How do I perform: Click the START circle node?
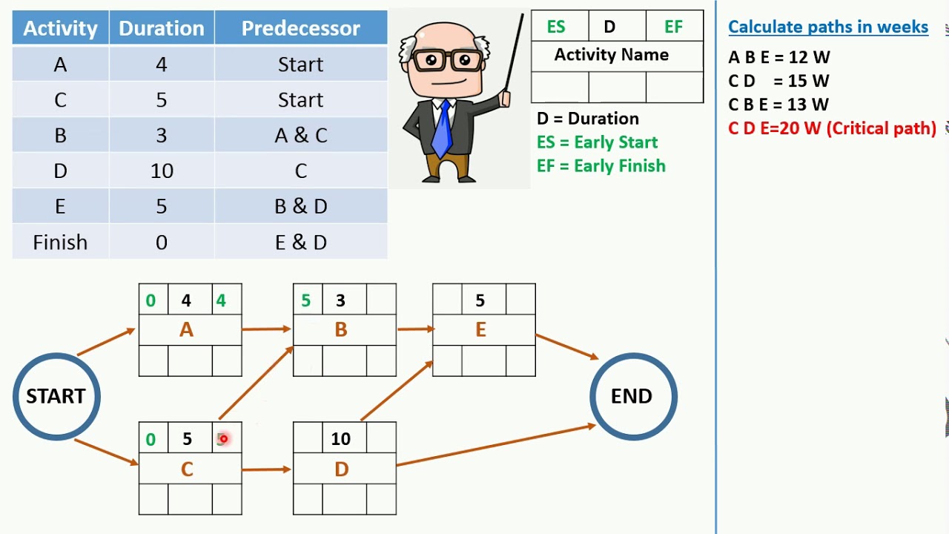pyautogui.click(x=56, y=396)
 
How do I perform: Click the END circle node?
pyautogui.click(x=632, y=396)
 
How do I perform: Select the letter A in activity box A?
pyautogui.click(x=186, y=330)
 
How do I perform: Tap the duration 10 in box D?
pyautogui.click(x=340, y=438)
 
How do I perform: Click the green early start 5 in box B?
pyautogui.click(x=305, y=300)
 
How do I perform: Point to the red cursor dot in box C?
pyautogui.click(x=223, y=439)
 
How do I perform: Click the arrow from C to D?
pyautogui.click(x=266, y=469)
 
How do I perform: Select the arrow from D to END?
pyautogui.click(x=495, y=445)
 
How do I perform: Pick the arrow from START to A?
pyautogui.click(x=107, y=342)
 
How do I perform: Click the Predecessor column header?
pyautogui.click(x=300, y=28)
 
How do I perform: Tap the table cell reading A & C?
pyautogui.click(x=300, y=135)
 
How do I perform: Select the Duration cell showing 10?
pyautogui.click(x=162, y=171)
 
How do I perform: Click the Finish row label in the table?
pyautogui.click(x=60, y=243)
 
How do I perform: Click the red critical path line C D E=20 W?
pyautogui.click(x=832, y=128)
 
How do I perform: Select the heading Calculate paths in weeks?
pyautogui.click(x=827, y=27)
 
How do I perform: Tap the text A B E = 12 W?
pyautogui.click(x=778, y=57)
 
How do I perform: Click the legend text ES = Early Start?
pyautogui.click(x=597, y=142)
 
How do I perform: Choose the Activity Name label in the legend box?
pyautogui.click(x=611, y=55)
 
